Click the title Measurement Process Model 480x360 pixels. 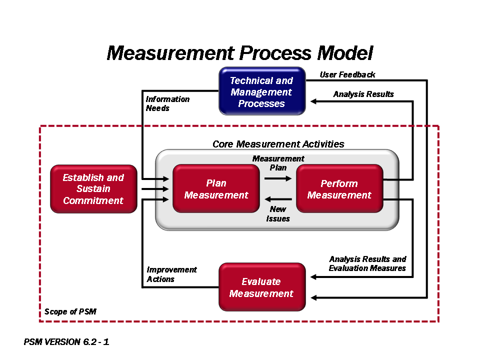point(239,52)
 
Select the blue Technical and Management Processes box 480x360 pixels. point(261,92)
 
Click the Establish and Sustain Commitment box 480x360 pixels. point(93,189)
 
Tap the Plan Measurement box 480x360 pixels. point(216,189)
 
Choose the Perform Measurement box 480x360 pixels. point(339,189)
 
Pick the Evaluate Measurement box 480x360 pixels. point(261,287)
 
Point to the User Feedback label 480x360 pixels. point(347,74)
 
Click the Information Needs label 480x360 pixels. point(167,103)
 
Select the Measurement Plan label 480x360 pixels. point(278,163)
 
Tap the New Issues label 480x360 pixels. point(278,214)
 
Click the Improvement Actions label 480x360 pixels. point(171,274)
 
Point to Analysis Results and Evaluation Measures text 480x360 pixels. point(367,263)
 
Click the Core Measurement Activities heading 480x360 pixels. point(278,144)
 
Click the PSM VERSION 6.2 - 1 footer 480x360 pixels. point(66,342)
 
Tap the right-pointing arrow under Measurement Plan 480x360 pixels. point(278,177)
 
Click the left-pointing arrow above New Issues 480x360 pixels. point(278,198)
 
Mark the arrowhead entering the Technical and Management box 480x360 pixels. point(313,101)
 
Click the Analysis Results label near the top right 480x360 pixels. point(363,94)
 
